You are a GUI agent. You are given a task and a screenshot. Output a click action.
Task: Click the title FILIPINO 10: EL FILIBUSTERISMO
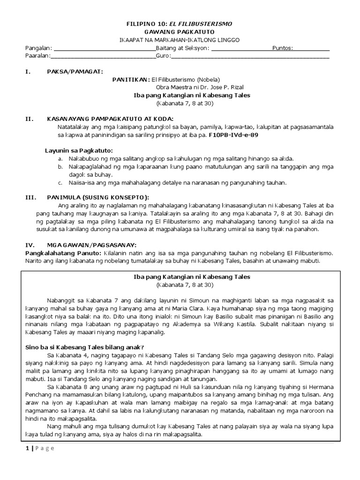click(180, 23)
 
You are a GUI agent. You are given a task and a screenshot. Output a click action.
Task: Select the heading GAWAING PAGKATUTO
click(180, 32)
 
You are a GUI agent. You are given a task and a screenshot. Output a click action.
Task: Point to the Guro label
click(163, 56)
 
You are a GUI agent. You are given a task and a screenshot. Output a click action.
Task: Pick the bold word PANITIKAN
click(130, 79)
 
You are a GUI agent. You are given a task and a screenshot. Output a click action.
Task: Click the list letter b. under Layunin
click(60, 166)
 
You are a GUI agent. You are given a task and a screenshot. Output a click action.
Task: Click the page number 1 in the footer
click(27, 448)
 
